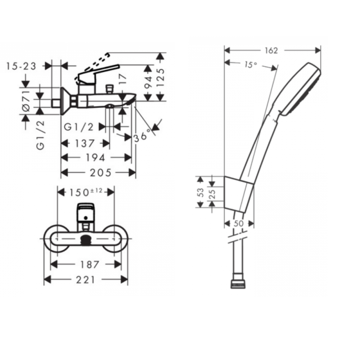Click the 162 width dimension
click(271, 50)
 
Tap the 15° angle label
click(251, 65)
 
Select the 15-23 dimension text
click(21, 66)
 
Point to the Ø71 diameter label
click(27, 100)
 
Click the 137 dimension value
click(85, 144)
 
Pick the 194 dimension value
click(95, 158)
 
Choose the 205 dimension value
click(100, 173)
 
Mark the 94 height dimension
click(148, 82)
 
